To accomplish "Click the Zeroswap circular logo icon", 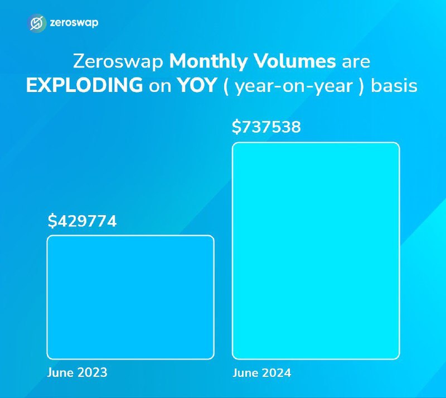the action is [37, 23].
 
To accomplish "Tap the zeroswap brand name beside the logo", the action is [74, 23].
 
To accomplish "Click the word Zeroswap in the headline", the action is [118, 62].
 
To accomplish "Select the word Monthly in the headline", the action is [208, 62].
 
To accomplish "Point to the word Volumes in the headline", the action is [295, 61].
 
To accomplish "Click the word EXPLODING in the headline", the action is [85, 85].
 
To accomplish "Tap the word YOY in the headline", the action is [197, 85].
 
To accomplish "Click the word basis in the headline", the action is [394, 85].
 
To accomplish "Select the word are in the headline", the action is [356, 62].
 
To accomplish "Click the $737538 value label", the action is [266, 127].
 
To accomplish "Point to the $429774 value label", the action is [82, 221].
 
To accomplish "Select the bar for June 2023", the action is [130, 297].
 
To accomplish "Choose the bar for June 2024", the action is [316, 251].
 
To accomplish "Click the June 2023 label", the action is [77, 372].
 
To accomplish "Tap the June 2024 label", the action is [262, 373].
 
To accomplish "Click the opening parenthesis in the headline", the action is [226, 86].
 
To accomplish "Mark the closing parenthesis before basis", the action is [361, 86].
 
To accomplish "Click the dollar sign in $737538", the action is [236, 127].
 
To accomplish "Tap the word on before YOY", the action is [160, 87].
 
